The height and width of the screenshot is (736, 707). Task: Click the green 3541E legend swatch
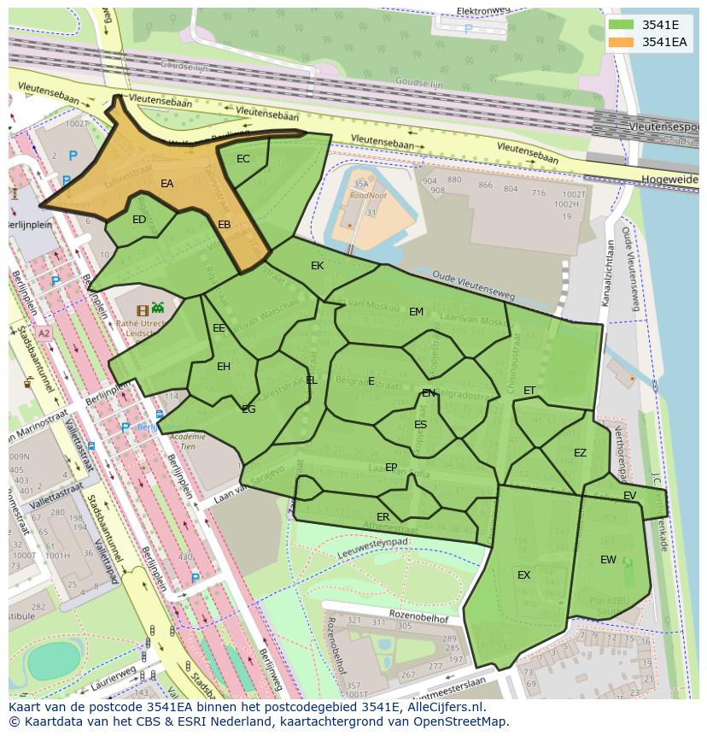click(622, 25)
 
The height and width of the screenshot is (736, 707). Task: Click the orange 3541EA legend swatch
click(622, 42)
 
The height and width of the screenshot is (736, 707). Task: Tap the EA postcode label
click(167, 184)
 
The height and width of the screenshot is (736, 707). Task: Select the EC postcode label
click(243, 159)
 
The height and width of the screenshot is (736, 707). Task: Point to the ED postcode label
click(139, 220)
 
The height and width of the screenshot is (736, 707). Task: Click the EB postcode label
click(225, 225)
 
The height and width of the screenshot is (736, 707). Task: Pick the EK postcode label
click(318, 266)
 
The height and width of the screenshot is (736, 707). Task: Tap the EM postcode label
click(416, 312)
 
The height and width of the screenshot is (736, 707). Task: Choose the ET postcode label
click(529, 391)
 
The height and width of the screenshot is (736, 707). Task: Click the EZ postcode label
click(581, 453)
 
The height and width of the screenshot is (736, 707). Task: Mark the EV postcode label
click(630, 496)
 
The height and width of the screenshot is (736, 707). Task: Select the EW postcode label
click(608, 560)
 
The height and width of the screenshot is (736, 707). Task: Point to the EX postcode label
click(524, 575)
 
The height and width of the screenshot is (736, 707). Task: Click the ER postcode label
click(383, 517)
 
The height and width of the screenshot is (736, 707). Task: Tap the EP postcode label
click(391, 468)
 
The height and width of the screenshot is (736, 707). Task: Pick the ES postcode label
click(420, 425)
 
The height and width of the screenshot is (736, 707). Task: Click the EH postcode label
click(224, 367)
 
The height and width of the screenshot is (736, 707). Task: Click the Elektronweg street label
click(483, 11)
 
